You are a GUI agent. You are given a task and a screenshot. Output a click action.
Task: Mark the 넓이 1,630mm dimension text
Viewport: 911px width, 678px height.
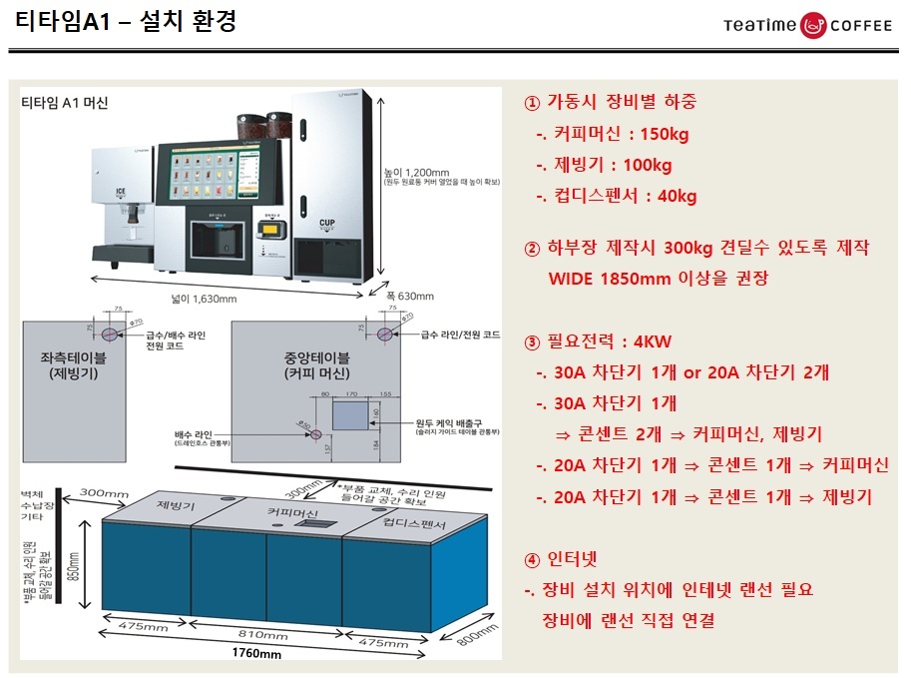204,299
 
